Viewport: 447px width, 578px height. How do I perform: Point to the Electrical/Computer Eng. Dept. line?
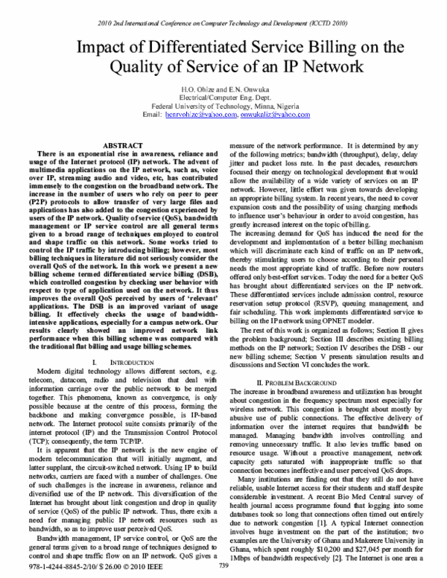click(x=223, y=98)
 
